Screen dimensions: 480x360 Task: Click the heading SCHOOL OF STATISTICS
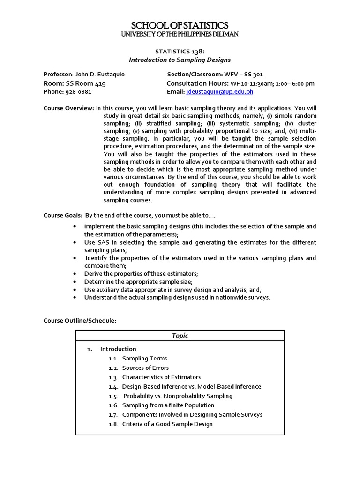(x=180, y=25)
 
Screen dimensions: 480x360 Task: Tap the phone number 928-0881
(x=78, y=92)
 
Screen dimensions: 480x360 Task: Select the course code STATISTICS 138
(x=180, y=52)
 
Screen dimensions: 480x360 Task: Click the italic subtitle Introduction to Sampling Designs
(x=180, y=60)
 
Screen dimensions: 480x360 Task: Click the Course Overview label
(x=69, y=108)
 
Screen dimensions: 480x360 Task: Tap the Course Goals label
(x=63, y=215)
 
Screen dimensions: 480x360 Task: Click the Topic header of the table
(x=180, y=336)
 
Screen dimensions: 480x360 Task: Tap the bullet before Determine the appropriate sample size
(x=75, y=282)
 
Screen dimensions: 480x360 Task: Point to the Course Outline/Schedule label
(x=80, y=320)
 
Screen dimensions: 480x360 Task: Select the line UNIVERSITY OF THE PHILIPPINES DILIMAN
(x=180, y=34)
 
